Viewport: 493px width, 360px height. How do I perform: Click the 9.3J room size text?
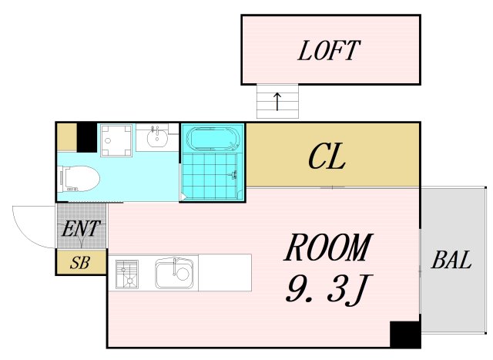pos(327,288)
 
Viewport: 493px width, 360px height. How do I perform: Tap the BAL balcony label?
pos(451,261)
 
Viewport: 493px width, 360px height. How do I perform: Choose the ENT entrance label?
pos(81,229)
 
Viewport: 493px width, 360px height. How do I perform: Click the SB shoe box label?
pos(80,263)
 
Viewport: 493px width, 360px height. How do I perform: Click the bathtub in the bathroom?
pos(213,140)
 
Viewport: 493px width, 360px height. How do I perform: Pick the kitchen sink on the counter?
pos(176,273)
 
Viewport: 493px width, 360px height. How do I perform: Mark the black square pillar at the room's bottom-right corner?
pos(404,335)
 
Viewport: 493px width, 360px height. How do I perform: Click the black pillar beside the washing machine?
pos(87,137)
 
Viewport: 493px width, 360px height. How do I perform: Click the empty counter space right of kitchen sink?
pos(225,273)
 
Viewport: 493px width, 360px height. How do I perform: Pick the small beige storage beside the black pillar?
pos(67,137)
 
